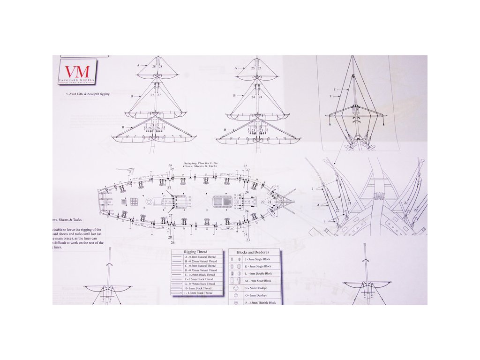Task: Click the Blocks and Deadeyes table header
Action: coord(254,252)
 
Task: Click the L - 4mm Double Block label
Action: coord(258,273)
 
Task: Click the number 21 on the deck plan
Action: coord(270,202)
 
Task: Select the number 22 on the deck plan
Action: coord(262,202)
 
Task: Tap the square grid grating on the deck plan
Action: coord(134,202)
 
